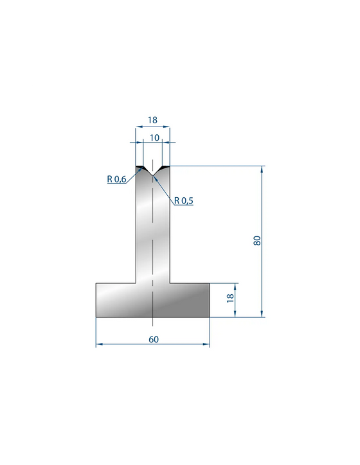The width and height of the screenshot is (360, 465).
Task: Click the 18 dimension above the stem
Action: [x=152, y=120]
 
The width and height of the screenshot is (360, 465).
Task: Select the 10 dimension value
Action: [x=154, y=137]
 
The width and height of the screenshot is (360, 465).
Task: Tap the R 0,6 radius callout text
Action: [x=116, y=179]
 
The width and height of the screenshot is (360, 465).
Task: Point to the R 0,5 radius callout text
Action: [x=183, y=201]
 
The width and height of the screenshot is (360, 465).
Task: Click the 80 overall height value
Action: [x=257, y=240]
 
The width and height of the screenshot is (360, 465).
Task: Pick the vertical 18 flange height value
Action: [x=231, y=298]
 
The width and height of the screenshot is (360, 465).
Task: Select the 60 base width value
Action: [x=154, y=339]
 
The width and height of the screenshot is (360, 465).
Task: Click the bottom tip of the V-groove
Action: [x=152, y=175]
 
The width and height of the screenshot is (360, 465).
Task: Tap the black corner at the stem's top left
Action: [x=139, y=168]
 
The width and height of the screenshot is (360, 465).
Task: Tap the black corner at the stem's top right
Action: [x=166, y=168]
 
